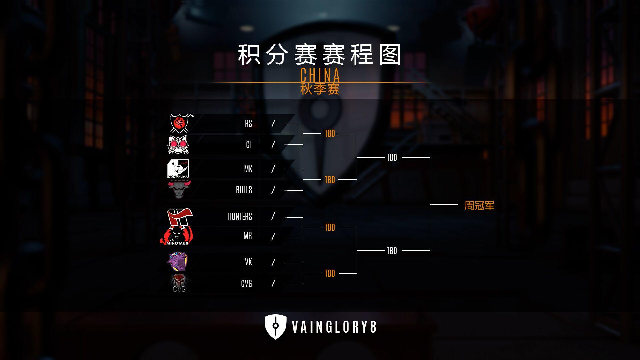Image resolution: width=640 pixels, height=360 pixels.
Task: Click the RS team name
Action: coord(248,124)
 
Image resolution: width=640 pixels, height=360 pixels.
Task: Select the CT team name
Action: coord(249,144)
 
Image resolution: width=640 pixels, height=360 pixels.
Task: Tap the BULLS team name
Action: coord(244,190)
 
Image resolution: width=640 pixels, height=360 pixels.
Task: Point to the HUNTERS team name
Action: coord(240,217)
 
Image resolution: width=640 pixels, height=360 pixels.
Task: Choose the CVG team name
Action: coord(246,284)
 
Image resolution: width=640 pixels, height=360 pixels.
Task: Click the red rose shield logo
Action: coord(179,123)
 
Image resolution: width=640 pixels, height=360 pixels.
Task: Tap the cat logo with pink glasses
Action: coord(178,145)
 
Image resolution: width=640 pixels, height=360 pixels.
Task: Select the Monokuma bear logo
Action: coord(178,169)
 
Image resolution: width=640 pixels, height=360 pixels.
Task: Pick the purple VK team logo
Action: coord(177,262)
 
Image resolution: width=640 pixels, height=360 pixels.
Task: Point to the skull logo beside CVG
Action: coord(179,283)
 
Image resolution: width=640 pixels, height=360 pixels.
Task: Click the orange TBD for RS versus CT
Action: coord(330,134)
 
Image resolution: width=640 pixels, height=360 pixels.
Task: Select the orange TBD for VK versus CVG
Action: coord(330,274)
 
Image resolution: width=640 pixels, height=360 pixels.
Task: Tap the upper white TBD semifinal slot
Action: coord(392,158)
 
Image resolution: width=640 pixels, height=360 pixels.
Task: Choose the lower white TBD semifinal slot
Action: coord(392,251)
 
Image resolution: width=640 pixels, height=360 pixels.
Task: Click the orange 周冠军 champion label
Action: coord(479,205)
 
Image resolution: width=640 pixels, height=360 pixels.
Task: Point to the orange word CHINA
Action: coord(320,75)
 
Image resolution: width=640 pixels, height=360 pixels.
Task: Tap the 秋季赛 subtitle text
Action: coord(320,89)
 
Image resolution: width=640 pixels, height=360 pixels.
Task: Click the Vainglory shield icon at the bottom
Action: coord(275,327)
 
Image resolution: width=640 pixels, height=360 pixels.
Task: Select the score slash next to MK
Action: coord(273,169)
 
